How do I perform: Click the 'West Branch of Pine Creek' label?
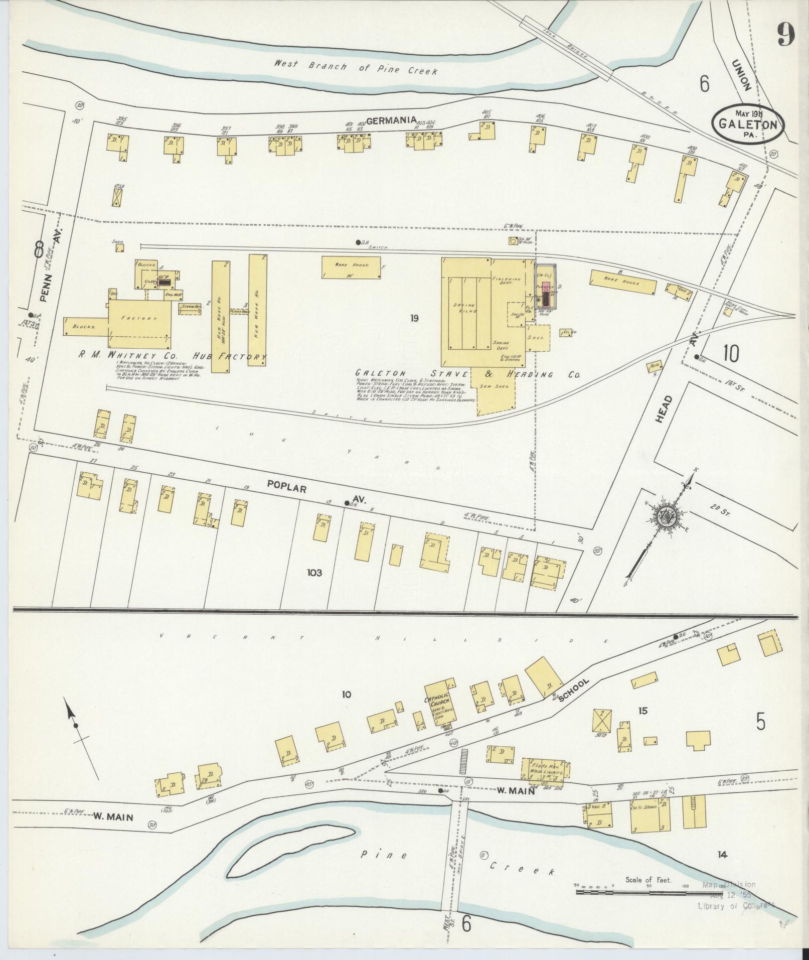pos(356,67)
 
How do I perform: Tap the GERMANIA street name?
pos(392,120)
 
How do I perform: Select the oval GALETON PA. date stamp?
pos(747,122)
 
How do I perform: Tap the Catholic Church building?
pos(439,705)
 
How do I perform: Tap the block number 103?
pos(315,573)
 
